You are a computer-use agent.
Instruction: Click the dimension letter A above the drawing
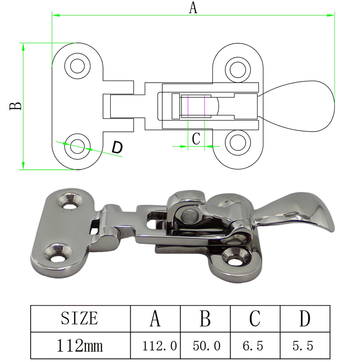[x=193, y=7]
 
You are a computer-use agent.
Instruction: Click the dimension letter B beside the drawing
[x=16, y=106]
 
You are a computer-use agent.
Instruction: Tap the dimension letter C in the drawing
[x=196, y=139]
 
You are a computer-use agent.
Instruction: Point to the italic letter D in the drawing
[x=117, y=147]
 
